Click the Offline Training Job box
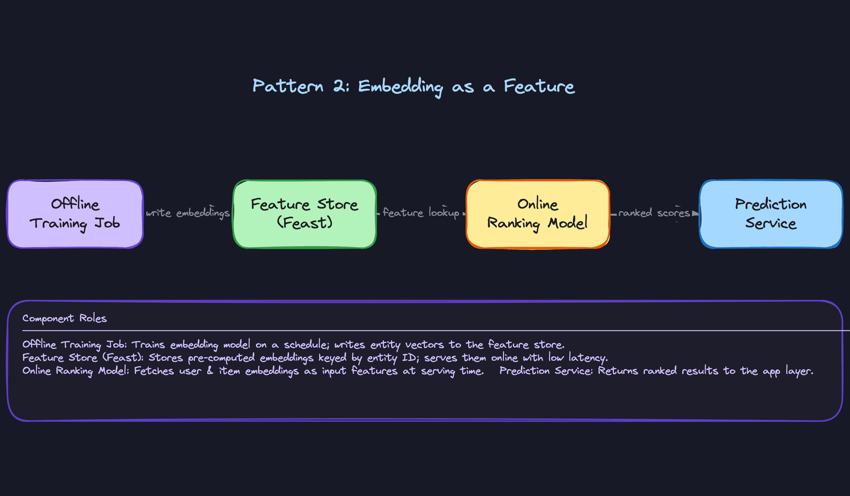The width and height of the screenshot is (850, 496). [75, 214]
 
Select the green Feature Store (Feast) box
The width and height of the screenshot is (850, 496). [305, 214]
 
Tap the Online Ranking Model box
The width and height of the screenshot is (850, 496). [537, 214]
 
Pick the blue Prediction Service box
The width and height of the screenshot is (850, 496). [771, 214]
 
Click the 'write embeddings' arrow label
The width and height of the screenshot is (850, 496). [188, 213]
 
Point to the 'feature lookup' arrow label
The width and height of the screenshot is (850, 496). [421, 213]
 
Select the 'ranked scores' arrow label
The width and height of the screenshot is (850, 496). [654, 213]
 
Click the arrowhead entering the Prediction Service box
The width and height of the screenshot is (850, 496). [695, 213]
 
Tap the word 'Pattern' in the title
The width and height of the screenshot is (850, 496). [288, 86]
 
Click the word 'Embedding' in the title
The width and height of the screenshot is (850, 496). [400, 86]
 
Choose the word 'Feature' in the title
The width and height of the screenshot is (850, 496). [539, 86]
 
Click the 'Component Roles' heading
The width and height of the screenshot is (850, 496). [65, 318]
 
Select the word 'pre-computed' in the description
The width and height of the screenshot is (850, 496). [221, 358]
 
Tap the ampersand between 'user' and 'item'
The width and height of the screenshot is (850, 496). [210, 371]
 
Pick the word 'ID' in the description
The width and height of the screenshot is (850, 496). [410, 358]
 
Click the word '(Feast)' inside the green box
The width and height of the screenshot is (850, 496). [305, 223]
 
